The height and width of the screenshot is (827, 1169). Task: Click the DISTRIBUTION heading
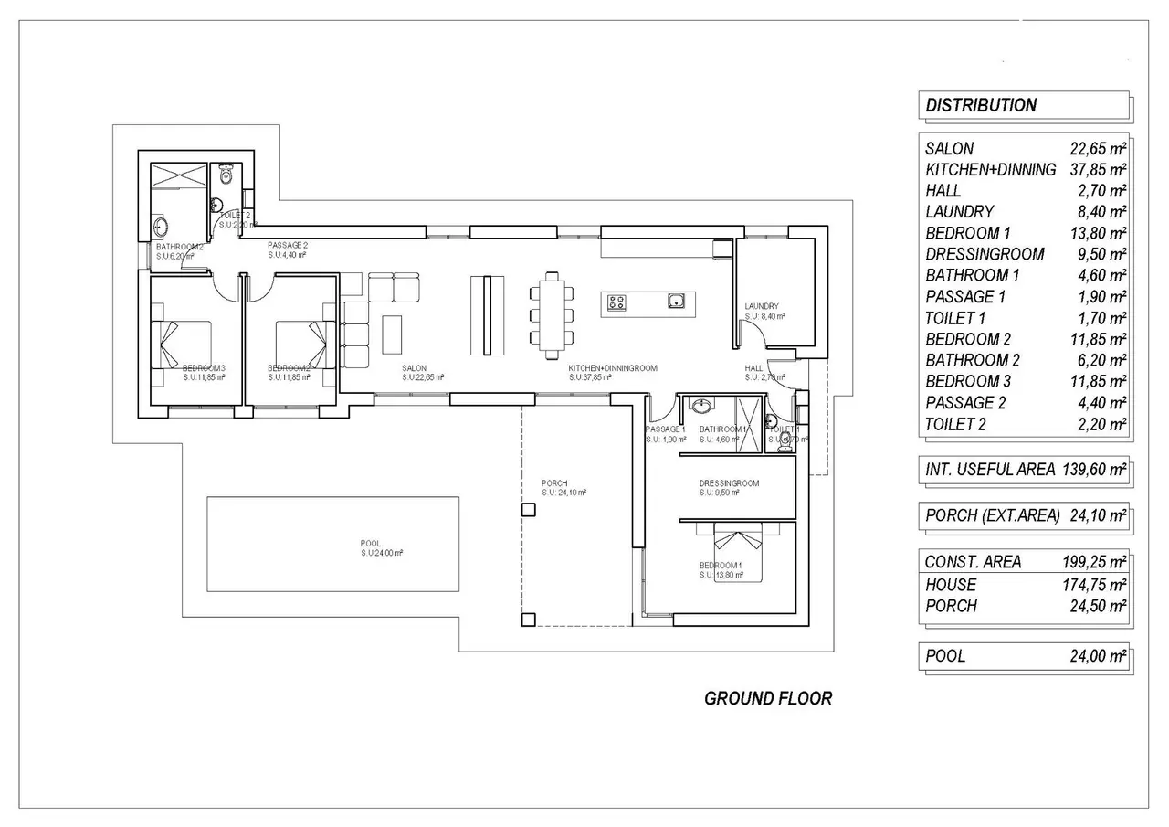coord(981,105)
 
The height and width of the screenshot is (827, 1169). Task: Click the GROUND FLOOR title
coord(768,698)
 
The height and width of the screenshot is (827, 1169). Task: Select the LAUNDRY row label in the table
coord(959,211)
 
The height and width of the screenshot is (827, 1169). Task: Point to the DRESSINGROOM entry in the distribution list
coord(985,254)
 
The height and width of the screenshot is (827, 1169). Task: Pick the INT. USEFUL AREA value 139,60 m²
coord(1094,470)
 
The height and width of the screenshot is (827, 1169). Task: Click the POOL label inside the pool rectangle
coord(371,544)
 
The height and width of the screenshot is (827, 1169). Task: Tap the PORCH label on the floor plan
coord(554,483)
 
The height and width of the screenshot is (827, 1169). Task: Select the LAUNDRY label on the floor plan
coord(761,307)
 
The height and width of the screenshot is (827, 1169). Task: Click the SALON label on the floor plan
coord(414,368)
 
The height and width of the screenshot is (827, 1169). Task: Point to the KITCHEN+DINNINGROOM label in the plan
coord(613,368)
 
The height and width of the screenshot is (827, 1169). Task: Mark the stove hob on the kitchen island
coord(617,302)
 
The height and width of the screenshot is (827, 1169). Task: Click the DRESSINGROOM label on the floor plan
coord(729,483)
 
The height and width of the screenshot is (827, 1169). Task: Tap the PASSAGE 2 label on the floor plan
coord(288,246)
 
